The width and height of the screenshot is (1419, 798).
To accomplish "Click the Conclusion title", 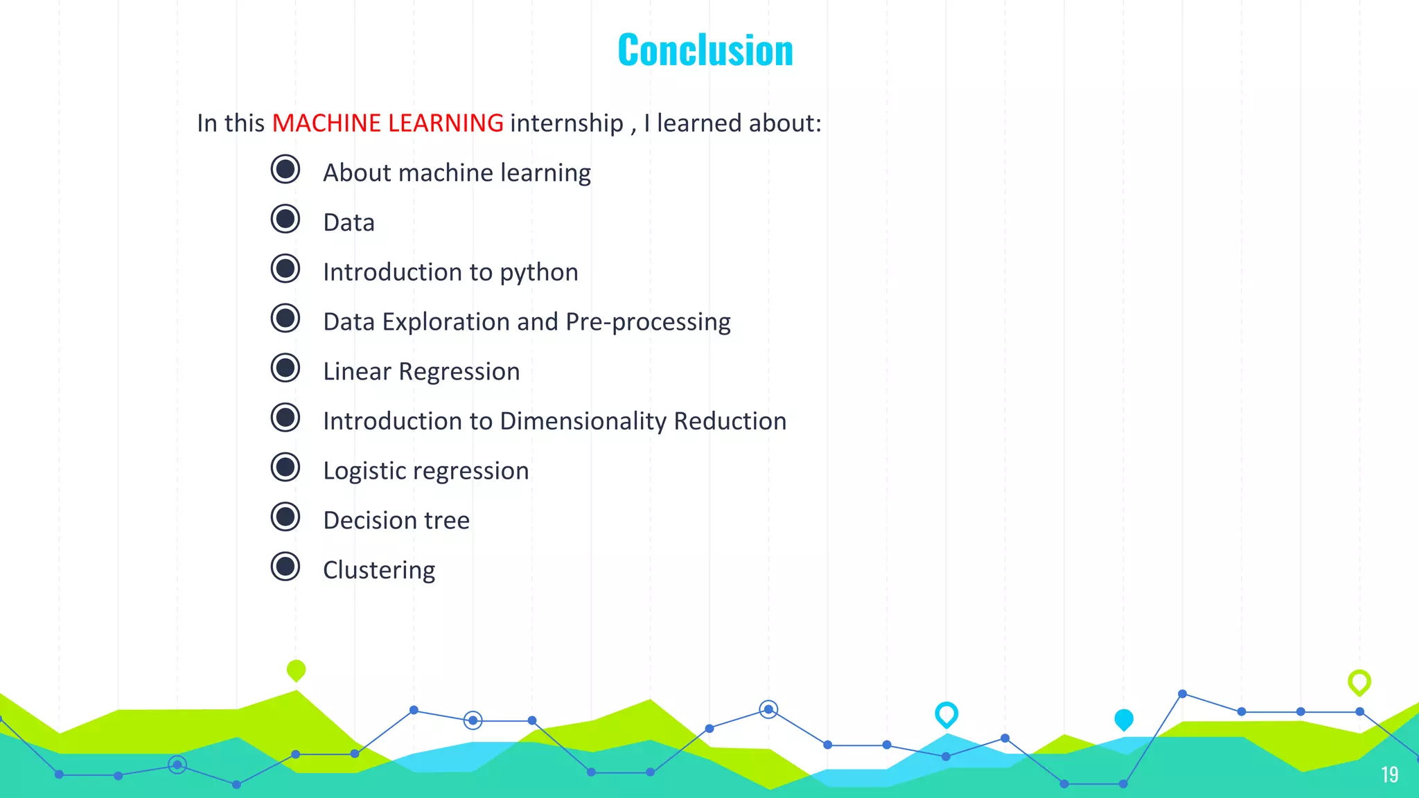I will pyautogui.click(x=705, y=51).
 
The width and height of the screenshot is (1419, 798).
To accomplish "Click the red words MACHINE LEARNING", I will pyautogui.click(x=387, y=123).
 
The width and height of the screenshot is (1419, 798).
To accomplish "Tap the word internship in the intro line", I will pyautogui.click(x=566, y=123).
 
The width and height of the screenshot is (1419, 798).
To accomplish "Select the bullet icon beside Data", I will pyautogui.click(x=285, y=220).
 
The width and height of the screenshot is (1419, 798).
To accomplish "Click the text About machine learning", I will pyautogui.click(x=457, y=173).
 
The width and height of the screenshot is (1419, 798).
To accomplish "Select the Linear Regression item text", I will pyautogui.click(x=421, y=372).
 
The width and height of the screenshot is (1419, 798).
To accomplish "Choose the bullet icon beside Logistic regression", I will pyautogui.click(x=285, y=468).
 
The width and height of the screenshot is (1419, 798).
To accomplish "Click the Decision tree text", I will pyautogui.click(x=396, y=521).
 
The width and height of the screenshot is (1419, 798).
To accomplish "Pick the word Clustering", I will pyautogui.click(x=379, y=571).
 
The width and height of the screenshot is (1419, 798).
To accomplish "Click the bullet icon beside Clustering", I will pyautogui.click(x=285, y=567).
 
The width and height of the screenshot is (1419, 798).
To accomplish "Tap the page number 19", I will pyautogui.click(x=1389, y=774).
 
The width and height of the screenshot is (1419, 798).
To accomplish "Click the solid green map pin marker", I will pyautogui.click(x=296, y=670).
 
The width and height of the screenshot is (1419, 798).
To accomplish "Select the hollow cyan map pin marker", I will pyautogui.click(x=946, y=714).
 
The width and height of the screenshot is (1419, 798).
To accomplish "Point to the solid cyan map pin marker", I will pyautogui.click(x=1124, y=720).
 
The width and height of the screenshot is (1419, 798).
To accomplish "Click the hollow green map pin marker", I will pyautogui.click(x=1359, y=682).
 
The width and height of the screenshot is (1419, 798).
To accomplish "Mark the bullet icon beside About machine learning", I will pyautogui.click(x=285, y=170).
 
